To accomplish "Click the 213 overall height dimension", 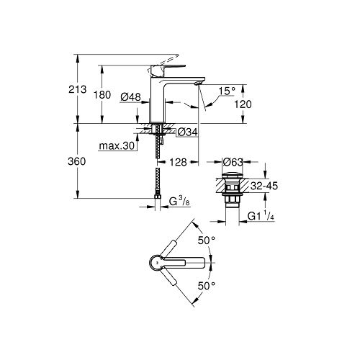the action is [x=77, y=89].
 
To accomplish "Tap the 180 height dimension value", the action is [x=102, y=95].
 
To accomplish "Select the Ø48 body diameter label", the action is [x=130, y=97].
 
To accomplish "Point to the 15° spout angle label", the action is [x=227, y=91].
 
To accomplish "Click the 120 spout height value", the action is [x=243, y=104].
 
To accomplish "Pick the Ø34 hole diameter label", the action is [x=188, y=132].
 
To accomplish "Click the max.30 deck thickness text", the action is [x=117, y=145].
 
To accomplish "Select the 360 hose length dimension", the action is [x=76, y=161].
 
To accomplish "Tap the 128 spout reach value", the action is [x=178, y=163].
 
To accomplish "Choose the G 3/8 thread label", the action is [x=179, y=202].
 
